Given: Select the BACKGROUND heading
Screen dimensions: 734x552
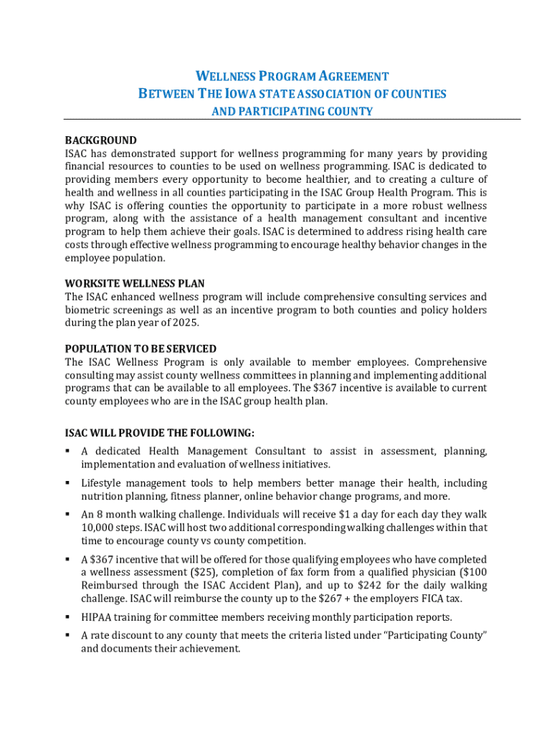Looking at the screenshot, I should [100, 140].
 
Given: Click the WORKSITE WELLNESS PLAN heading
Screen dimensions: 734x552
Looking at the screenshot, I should [134, 284].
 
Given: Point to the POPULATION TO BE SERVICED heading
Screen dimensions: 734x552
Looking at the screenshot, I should [141, 349].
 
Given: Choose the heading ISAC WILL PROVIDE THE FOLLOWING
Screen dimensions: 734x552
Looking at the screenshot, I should [159, 434].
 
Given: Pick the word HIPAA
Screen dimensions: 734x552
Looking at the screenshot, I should [96, 617].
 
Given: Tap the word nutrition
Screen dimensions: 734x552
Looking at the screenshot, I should [104, 496].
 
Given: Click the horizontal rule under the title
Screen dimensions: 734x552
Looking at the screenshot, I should [292, 120].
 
